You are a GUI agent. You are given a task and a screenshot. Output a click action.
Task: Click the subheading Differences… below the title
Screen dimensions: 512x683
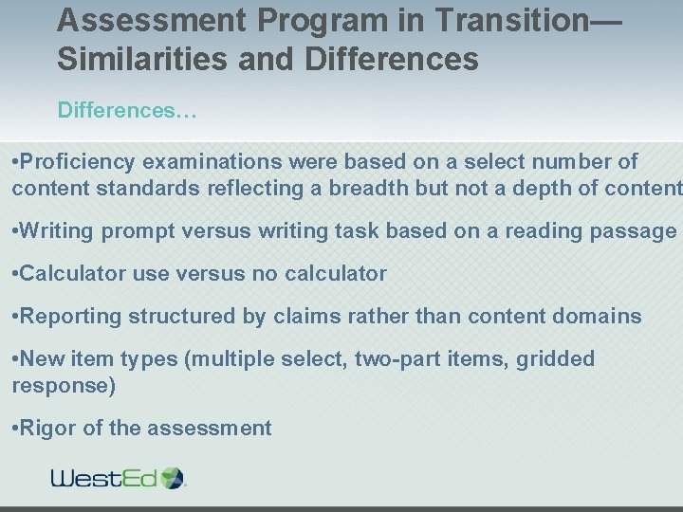(x=126, y=111)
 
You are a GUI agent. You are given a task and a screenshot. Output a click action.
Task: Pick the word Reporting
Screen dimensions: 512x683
(x=68, y=317)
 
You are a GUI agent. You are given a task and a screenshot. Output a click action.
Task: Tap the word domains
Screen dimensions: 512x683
(x=601, y=317)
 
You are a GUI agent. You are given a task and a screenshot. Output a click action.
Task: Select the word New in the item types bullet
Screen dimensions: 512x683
(x=41, y=359)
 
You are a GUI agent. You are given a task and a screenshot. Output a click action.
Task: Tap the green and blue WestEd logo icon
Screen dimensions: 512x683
(x=173, y=477)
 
